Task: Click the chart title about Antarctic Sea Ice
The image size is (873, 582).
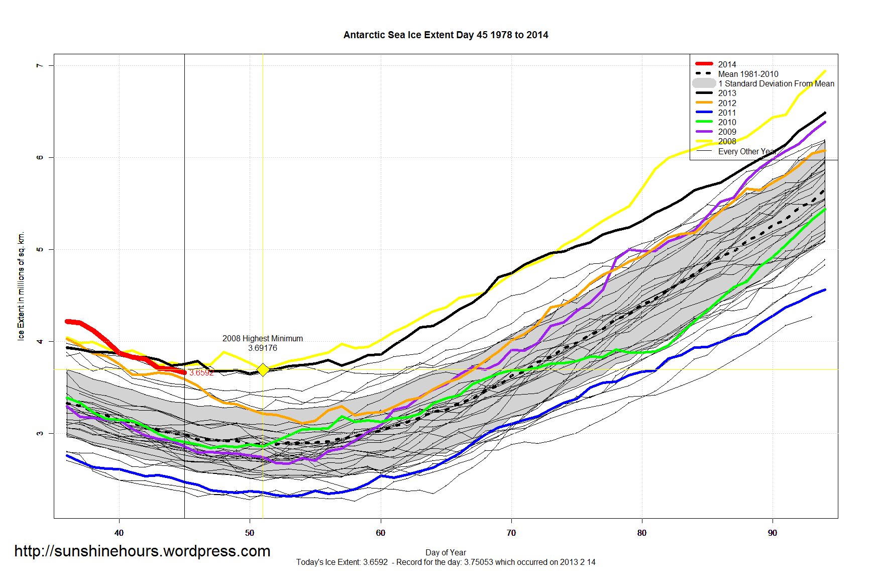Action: click(x=446, y=35)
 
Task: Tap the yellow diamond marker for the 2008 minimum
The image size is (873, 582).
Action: click(x=263, y=369)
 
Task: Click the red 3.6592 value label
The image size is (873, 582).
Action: click(x=201, y=372)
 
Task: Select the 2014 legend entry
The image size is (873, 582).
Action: click(x=726, y=64)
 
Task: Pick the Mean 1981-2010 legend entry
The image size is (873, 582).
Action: click(x=747, y=74)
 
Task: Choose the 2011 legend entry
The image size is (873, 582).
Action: click(x=726, y=113)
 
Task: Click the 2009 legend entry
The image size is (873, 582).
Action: click(x=726, y=132)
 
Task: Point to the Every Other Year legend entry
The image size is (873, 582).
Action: click(x=746, y=151)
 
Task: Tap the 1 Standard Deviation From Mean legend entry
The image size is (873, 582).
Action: click(x=776, y=83)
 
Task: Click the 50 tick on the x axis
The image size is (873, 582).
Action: click(x=250, y=533)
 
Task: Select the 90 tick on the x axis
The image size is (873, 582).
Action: click(x=773, y=533)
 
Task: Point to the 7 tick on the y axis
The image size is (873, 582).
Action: click(x=40, y=65)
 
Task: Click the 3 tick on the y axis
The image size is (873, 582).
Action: click(x=40, y=433)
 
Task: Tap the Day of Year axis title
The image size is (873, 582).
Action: click(x=446, y=552)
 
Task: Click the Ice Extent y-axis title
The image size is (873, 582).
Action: click(x=21, y=286)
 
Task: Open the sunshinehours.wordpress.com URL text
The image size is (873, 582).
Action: click(x=142, y=551)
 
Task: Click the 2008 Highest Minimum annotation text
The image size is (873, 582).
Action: click(x=263, y=338)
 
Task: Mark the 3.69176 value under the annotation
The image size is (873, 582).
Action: click(x=263, y=348)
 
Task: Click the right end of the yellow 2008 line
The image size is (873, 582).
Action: click(x=825, y=71)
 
